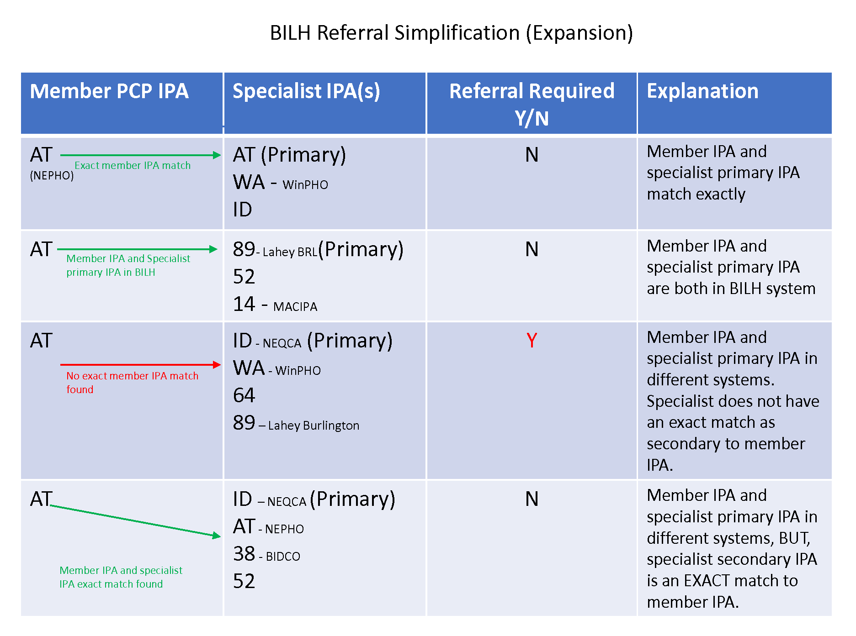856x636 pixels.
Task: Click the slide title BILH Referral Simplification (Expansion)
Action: (x=451, y=33)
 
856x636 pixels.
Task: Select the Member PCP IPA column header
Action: (x=109, y=91)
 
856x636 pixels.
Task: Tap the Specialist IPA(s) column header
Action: (x=306, y=91)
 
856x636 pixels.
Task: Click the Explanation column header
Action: (x=702, y=91)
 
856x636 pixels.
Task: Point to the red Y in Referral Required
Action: (x=532, y=341)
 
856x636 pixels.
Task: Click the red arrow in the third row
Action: (x=141, y=364)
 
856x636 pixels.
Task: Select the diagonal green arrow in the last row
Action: (x=135, y=521)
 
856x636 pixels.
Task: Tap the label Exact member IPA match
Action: (x=133, y=165)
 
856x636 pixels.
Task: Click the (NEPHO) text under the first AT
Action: (x=52, y=176)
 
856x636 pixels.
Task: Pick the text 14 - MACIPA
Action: (x=275, y=304)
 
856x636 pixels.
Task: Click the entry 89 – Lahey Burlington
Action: (x=296, y=423)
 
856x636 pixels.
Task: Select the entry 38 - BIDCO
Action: (x=266, y=554)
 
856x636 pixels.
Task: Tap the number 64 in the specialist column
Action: (x=244, y=395)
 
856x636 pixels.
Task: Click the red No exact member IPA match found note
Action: (x=133, y=383)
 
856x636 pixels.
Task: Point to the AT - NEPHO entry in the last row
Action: (x=268, y=526)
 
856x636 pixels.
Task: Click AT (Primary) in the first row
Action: (x=289, y=155)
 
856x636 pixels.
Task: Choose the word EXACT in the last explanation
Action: (x=707, y=581)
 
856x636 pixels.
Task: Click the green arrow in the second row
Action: (x=137, y=249)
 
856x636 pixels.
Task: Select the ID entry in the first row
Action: (x=242, y=210)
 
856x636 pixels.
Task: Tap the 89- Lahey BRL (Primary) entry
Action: (x=318, y=249)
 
